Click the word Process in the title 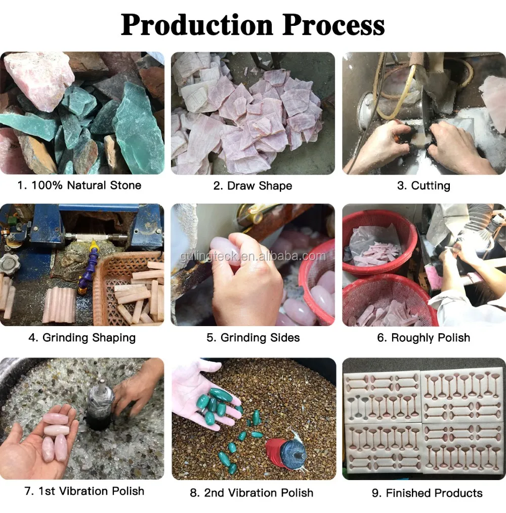click(333, 25)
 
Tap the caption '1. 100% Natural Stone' click(79, 185)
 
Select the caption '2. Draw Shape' click(252, 186)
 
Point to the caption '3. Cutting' click(424, 186)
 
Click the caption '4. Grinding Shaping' click(82, 338)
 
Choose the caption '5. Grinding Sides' click(253, 338)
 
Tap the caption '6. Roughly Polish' click(424, 338)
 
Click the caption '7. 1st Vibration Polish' click(85, 491)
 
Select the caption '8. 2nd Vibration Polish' click(251, 493)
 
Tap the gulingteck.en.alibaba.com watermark click(252, 256)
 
